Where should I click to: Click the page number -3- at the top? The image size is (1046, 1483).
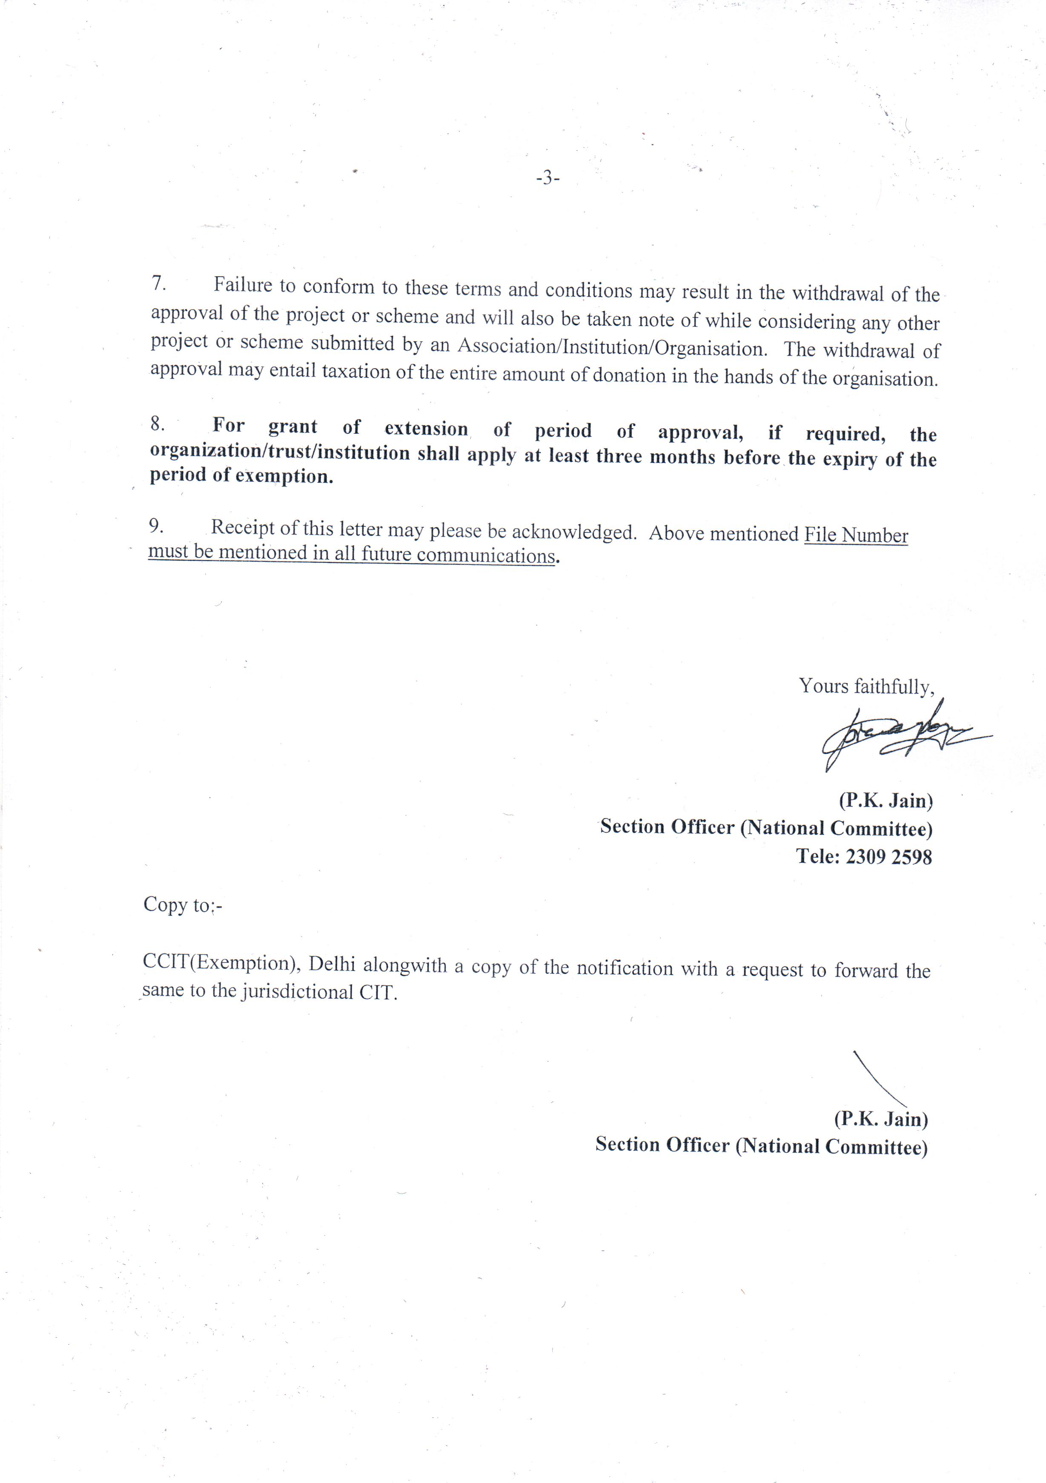point(547,178)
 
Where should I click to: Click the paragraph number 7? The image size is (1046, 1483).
point(159,283)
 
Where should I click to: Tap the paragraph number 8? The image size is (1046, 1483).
point(157,424)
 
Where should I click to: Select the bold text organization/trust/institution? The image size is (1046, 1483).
point(280,452)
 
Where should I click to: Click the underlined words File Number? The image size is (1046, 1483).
point(855,535)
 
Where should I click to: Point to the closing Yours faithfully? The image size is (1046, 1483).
point(866,686)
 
